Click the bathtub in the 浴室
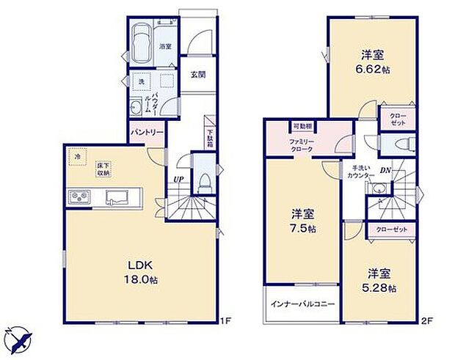click(142, 43)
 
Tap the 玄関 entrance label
click(197, 75)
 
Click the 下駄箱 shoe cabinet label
click(209, 138)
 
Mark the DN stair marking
click(384, 172)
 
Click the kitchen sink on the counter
click(118, 196)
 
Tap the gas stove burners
click(79, 196)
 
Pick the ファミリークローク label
click(300, 144)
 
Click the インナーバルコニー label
click(302, 304)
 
